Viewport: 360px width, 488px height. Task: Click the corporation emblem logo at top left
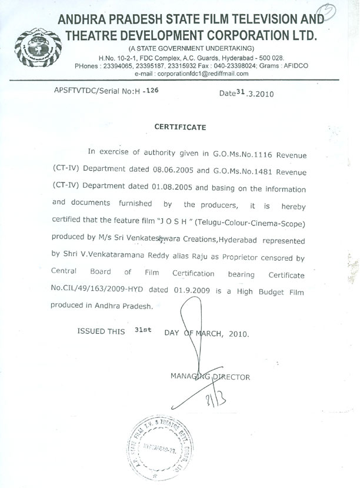click(x=30, y=43)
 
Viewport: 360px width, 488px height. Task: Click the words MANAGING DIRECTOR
click(x=210, y=376)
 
